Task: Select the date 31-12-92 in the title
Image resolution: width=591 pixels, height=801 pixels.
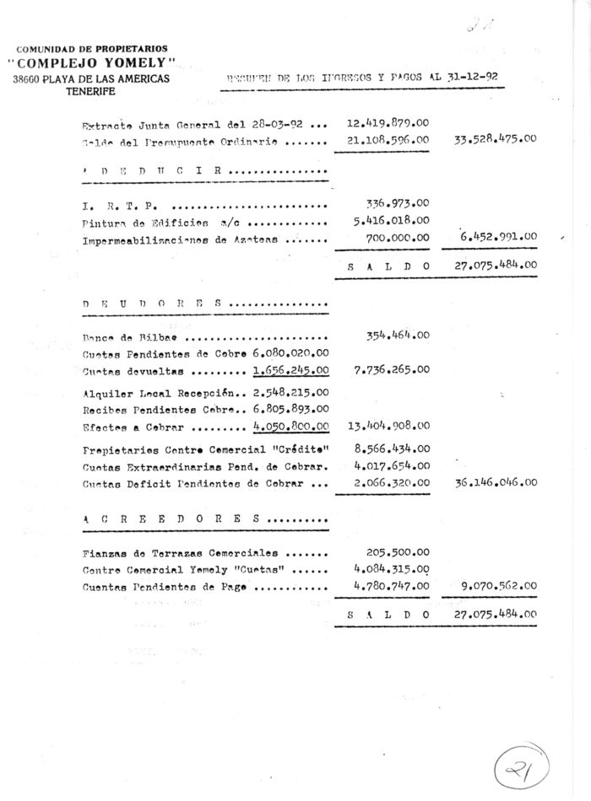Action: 469,77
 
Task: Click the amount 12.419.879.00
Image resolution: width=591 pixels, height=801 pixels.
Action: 388,123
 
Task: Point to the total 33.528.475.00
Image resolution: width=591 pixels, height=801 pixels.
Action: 496,139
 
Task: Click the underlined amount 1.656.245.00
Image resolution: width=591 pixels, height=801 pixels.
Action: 290,369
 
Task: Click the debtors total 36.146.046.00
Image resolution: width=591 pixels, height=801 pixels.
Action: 496,483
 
